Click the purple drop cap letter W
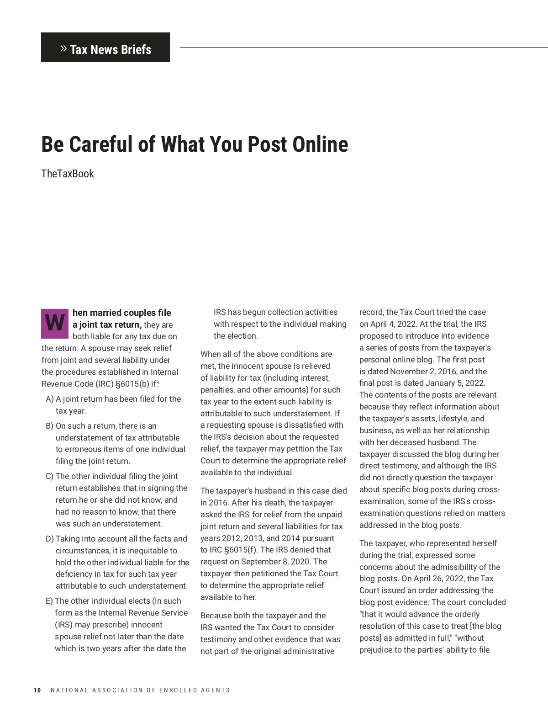[55, 324]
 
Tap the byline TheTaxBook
[67, 174]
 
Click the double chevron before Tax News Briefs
[63, 48]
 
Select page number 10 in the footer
[37, 690]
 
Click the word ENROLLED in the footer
[178, 690]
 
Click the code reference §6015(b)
[132, 384]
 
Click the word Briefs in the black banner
[136, 49]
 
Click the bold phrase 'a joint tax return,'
[107, 324]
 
